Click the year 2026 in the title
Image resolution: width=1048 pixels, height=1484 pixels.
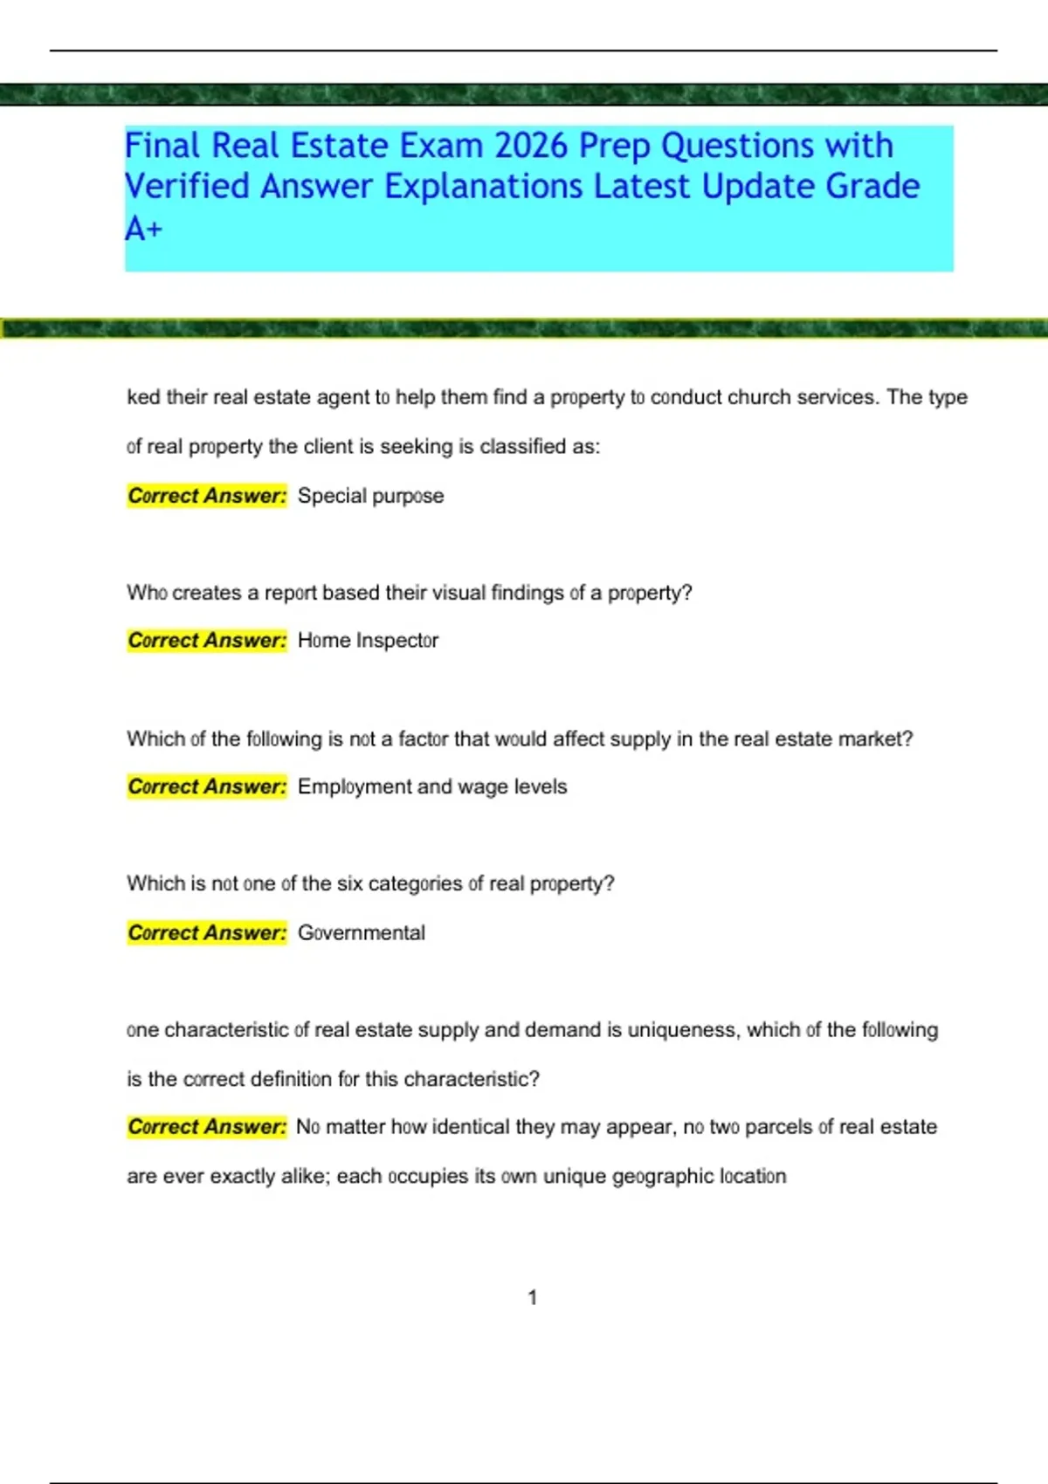tap(532, 146)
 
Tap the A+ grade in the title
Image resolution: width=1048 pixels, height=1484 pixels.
tap(143, 229)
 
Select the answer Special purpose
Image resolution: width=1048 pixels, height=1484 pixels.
tap(370, 496)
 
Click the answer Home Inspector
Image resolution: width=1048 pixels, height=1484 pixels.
tap(368, 641)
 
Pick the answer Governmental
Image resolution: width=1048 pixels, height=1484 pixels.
tap(362, 932)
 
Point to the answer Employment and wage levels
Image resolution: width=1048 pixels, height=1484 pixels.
tap(432, 787)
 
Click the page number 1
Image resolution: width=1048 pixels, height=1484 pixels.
tap(533, 1298)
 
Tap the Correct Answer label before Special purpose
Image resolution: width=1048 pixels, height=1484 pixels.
tap(207, 496)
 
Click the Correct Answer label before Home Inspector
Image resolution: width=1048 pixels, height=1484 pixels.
tap(207, 641)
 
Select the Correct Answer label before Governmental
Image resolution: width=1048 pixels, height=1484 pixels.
tap(207, 932)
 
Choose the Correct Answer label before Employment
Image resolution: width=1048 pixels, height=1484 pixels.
tap(207, 787)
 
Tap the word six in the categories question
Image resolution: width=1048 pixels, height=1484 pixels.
tap(349, 883)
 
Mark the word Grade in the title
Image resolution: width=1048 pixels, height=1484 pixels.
tap(872, 187)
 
